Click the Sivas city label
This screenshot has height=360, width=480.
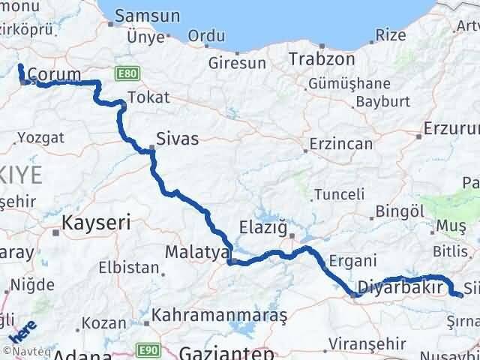click(x=178, y=138)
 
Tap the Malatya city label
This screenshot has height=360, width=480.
click(x=195, y=253)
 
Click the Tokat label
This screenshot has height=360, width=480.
click(x=149, y=97)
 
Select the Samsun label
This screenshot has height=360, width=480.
click(x=148, y=16)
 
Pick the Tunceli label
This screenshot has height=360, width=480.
click(x=338, y=194)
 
